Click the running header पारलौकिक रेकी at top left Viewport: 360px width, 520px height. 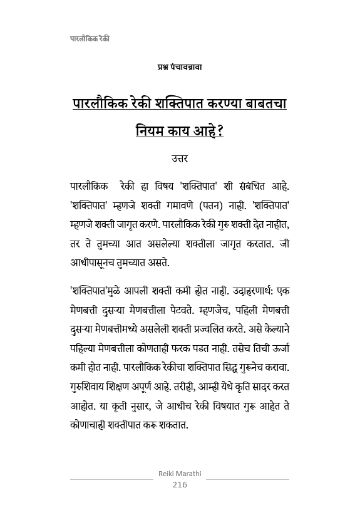point(90,39)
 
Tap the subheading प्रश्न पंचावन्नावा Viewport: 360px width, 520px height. point(180,66)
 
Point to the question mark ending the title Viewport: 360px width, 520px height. point(220,132)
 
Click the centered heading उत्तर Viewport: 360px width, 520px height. point(180,159)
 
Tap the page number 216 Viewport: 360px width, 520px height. point(180,484)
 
